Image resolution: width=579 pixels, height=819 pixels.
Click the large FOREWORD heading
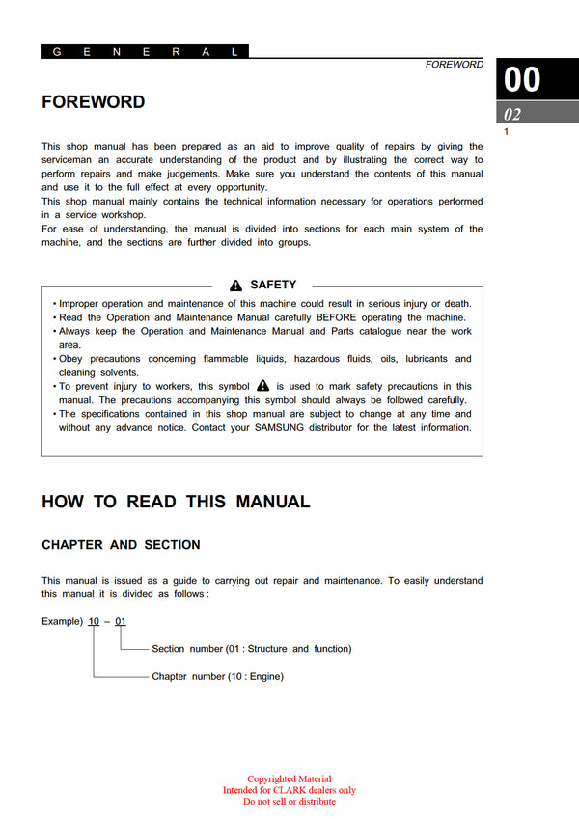(94, 102)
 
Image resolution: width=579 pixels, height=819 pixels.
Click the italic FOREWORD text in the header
(455, 65)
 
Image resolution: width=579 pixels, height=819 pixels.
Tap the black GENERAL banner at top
(145, 52)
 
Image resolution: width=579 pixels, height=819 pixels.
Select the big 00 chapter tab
(523, 79)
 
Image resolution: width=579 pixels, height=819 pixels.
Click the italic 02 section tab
(512, 115)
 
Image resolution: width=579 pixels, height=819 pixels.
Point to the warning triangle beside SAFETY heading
(235, 286)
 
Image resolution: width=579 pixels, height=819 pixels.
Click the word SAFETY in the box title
(273, 286)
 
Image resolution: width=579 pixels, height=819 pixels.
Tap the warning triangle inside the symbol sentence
(262, 385)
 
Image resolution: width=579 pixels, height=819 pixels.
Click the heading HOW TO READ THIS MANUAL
(176, 502)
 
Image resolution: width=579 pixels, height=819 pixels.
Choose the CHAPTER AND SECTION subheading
(121, 545)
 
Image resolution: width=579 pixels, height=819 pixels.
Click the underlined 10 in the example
(94, 621)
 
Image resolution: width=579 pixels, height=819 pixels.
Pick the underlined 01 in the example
(121, 621)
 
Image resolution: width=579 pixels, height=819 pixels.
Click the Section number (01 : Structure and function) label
(251, 649)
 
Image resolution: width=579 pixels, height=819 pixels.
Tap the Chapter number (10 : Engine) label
(217, 677)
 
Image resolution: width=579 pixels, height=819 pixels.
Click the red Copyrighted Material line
(289, 779)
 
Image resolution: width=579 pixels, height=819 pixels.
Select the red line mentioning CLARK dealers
(289, 790)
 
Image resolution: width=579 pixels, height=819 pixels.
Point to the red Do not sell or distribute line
(289, 802)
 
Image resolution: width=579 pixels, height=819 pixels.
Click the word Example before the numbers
(63, 621)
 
